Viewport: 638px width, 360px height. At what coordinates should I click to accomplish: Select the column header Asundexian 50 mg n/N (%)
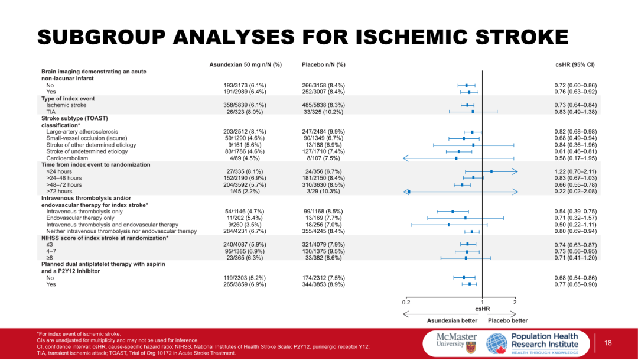(246, 64)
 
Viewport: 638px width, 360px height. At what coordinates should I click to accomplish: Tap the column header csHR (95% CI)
(575, 64)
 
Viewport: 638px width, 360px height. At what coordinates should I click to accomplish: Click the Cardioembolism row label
(66, 158)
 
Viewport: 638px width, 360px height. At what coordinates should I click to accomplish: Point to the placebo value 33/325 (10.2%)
(323, 111)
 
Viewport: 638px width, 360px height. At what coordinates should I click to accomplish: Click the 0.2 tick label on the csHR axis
(406, 302)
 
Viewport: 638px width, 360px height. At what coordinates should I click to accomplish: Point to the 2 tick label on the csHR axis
(515, 302)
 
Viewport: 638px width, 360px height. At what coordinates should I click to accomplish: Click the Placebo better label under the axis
(507, 320)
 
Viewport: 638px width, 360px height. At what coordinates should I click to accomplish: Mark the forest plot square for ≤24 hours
(491, 171)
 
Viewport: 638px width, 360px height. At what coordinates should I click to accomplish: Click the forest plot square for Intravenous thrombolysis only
(453, 211)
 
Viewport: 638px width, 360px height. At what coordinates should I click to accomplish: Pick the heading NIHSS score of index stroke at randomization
(105, 238)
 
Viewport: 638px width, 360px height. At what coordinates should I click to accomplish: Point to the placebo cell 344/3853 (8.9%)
(323, 284)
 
